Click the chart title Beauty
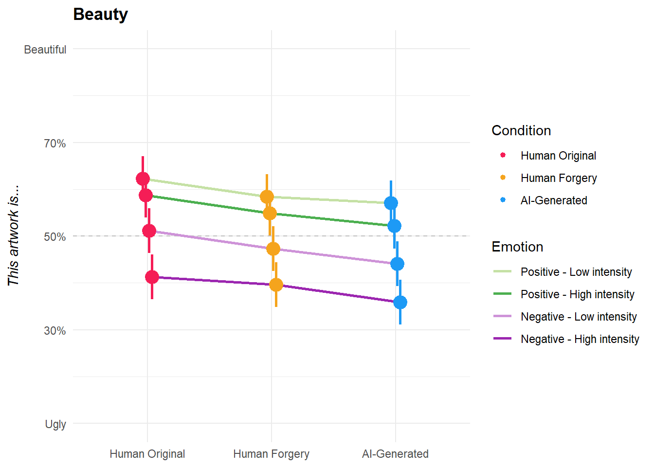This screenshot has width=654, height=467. pos(100,15)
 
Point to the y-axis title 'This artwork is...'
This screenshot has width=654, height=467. pos(13,235)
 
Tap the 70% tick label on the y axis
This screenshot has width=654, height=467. pos(55,144)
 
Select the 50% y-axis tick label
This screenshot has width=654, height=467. pos(55,237)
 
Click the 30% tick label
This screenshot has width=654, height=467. pos(55,331)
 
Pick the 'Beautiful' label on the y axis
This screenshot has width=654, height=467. pos(45,50)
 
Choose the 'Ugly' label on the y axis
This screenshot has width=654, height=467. pos(55,424)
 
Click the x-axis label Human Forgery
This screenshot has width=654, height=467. pos(271,454)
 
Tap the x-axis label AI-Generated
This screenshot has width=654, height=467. pos(395,454)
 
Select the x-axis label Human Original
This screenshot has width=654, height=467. pos(147,454)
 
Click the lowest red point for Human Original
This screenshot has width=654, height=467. pos(152,277)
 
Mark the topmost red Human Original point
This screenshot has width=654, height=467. pos(143,179)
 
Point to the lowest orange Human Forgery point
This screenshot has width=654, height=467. pos(276,285)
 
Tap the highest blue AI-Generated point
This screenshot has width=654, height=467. pos(391,203)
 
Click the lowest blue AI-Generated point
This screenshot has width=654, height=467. pos(400,302)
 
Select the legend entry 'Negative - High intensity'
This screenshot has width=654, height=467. pos(580,339)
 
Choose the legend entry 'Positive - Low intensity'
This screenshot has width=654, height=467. pos(576,272)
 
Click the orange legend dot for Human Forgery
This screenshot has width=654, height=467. pos(503,178)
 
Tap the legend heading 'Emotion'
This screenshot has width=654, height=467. pos(517,247)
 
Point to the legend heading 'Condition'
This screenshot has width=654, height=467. pos(521,131)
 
